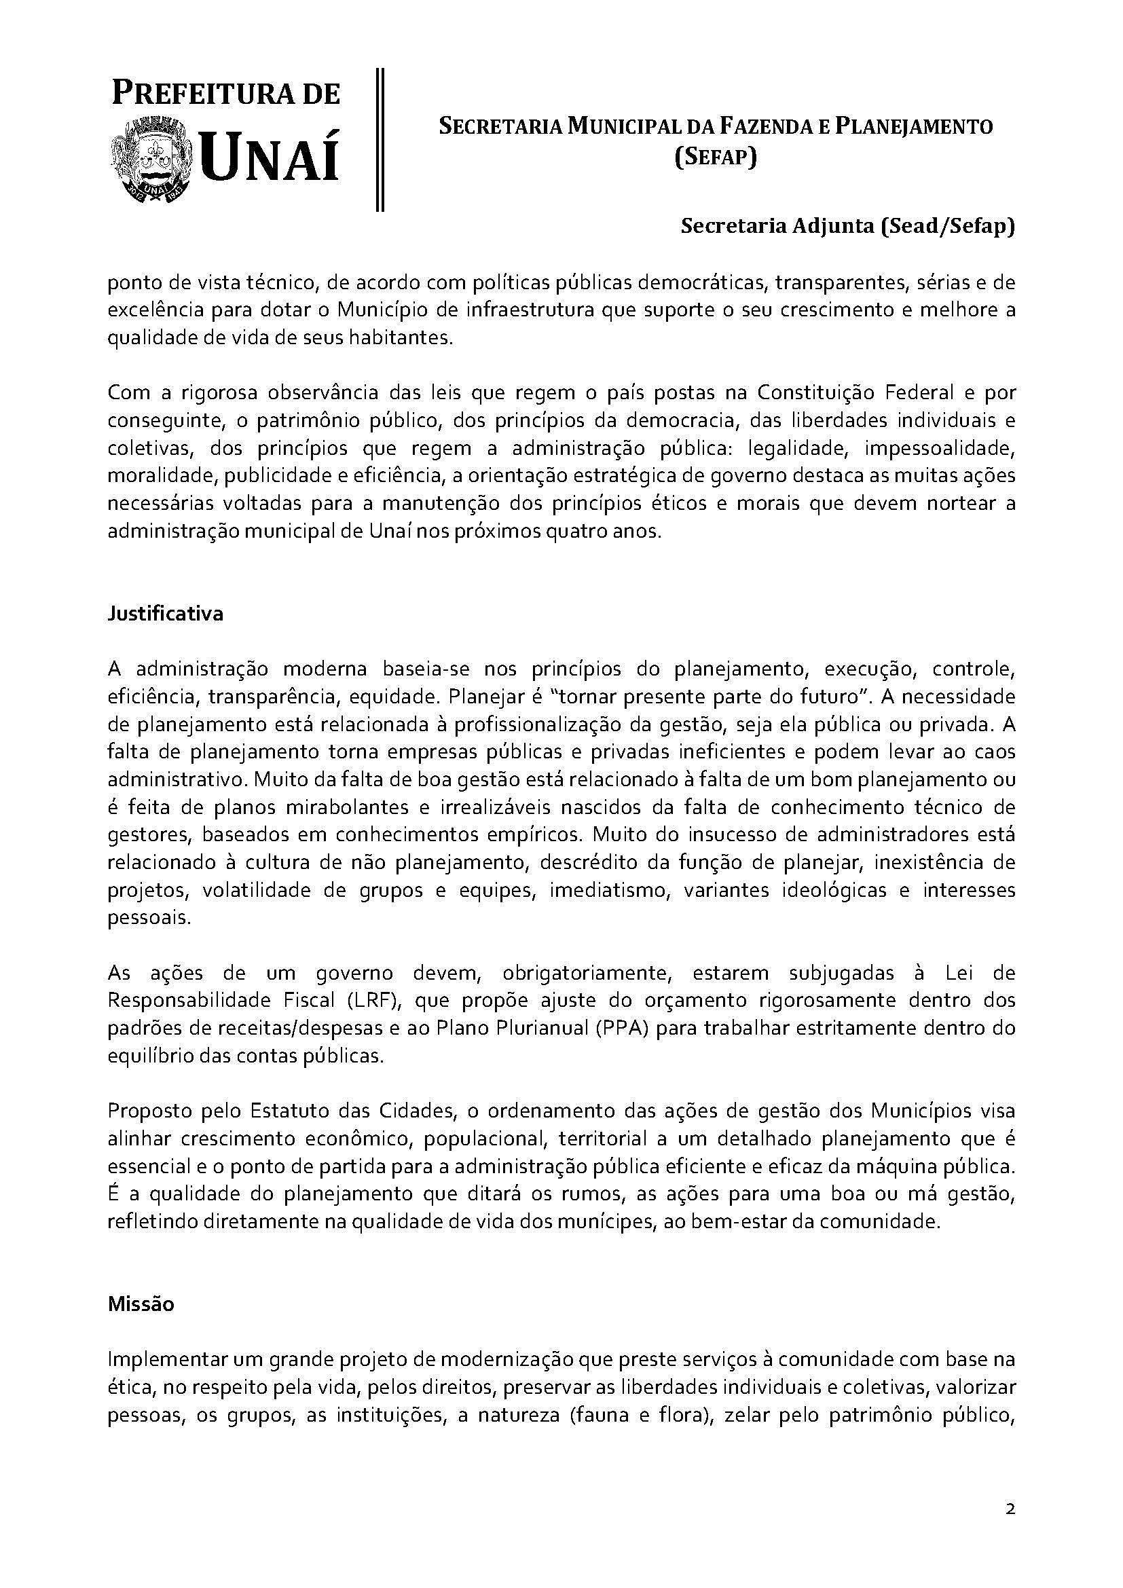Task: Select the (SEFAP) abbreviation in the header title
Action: [x=716, y=158]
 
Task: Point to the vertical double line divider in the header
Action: [x=380, y=139]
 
